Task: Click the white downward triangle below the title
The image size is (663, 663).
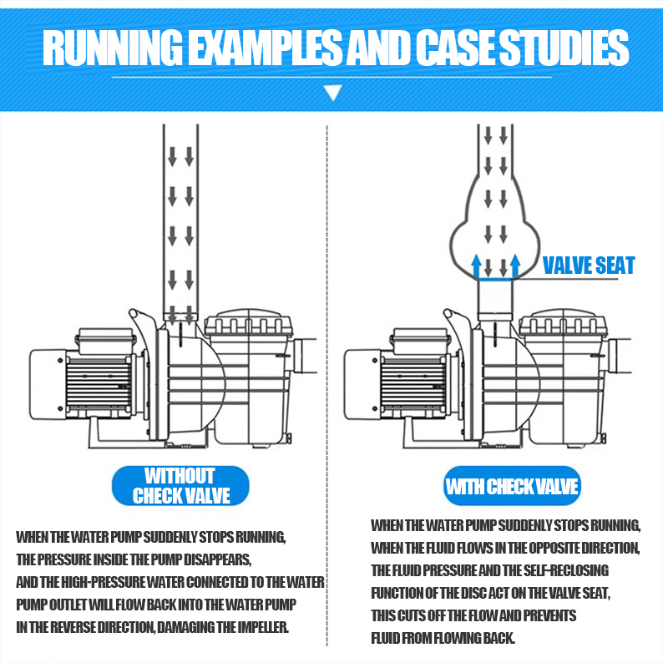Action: coord(332,91)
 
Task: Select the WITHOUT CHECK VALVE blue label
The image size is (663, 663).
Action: coord(180,486)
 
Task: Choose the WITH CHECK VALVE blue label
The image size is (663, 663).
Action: coord(511,487)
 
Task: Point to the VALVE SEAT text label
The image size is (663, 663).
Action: coord(588,266)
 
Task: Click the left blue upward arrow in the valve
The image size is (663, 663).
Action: coord(477,266)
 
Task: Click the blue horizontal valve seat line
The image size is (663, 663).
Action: coord(496,281)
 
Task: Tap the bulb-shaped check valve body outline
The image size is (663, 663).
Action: coord(454,242)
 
